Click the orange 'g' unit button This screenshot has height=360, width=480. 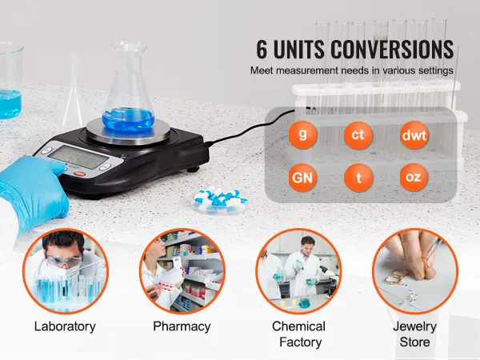pos(302,135)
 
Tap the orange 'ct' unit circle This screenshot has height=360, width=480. pos(358,135)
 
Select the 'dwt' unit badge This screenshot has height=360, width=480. pos(414,135)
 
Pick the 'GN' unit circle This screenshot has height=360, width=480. pos(302,178)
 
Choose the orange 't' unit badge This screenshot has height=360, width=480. pos(358,178)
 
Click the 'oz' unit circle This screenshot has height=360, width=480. pos(414,178)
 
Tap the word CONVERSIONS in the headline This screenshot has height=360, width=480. pos(392,49)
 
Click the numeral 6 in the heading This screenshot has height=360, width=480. pos(262,49)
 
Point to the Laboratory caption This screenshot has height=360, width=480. pos(65,326)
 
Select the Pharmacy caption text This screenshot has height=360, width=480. pos(182,326)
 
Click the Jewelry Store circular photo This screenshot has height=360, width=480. pos(415,271)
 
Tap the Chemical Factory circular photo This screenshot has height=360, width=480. pos(298,271)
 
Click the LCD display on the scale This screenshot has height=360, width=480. pos(78,157)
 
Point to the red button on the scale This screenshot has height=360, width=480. pos(79,174)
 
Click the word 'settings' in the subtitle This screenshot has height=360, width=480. pos(437,70)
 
